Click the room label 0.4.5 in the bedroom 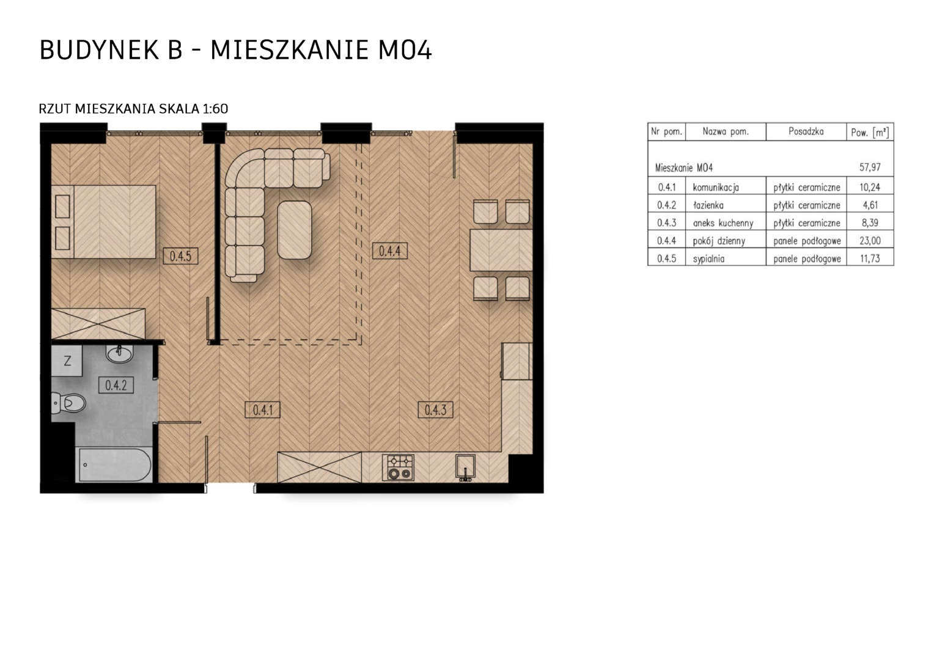180,256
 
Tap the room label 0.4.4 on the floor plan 389,251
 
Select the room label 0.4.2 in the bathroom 116,385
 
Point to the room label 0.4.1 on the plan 263,410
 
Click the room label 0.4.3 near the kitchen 435,409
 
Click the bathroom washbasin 120,354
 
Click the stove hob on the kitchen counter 398,467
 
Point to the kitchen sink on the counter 465,466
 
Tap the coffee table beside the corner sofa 295,230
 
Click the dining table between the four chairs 501,250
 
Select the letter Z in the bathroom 67,361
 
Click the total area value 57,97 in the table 870,167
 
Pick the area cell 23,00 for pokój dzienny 870,241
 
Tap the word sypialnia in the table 708,259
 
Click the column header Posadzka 806,132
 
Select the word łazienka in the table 708,205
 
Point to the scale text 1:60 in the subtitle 215,109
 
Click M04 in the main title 405,50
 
